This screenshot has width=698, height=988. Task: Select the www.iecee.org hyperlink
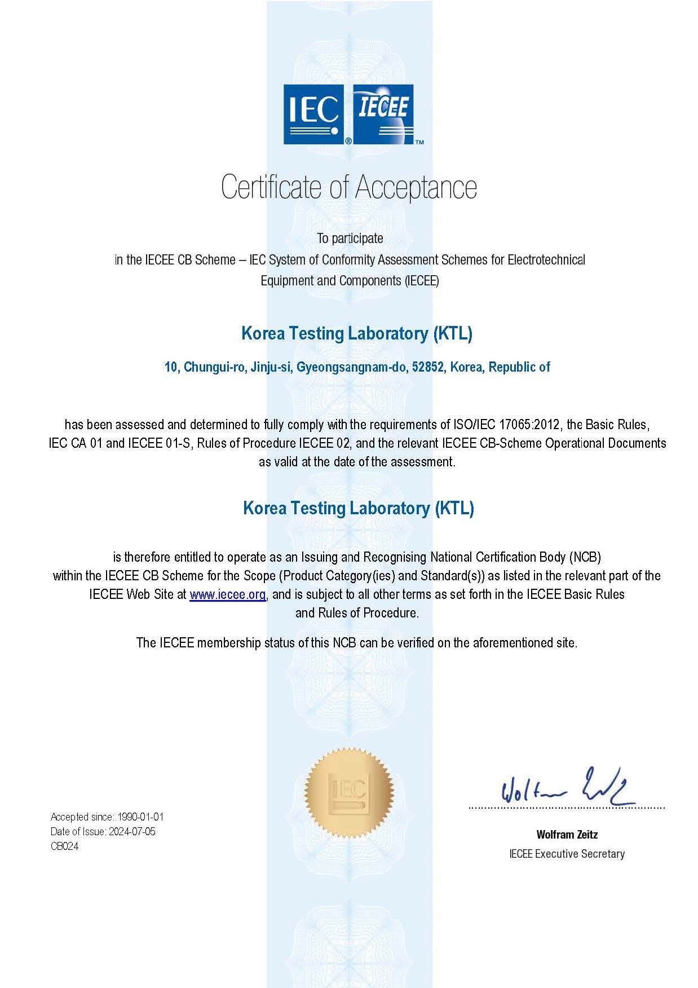[x=227, y=594]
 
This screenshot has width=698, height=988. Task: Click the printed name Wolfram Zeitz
[x=567, y=835]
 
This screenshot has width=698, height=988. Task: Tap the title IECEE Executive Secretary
[x=567, y=854]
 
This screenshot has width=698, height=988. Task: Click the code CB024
[x=64, y=846]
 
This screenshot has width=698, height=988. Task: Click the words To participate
[x=350, y=239]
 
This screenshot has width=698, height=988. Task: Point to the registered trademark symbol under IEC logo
[x=348, y=142]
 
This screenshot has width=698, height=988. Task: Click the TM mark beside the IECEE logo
[x=419, y=142]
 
